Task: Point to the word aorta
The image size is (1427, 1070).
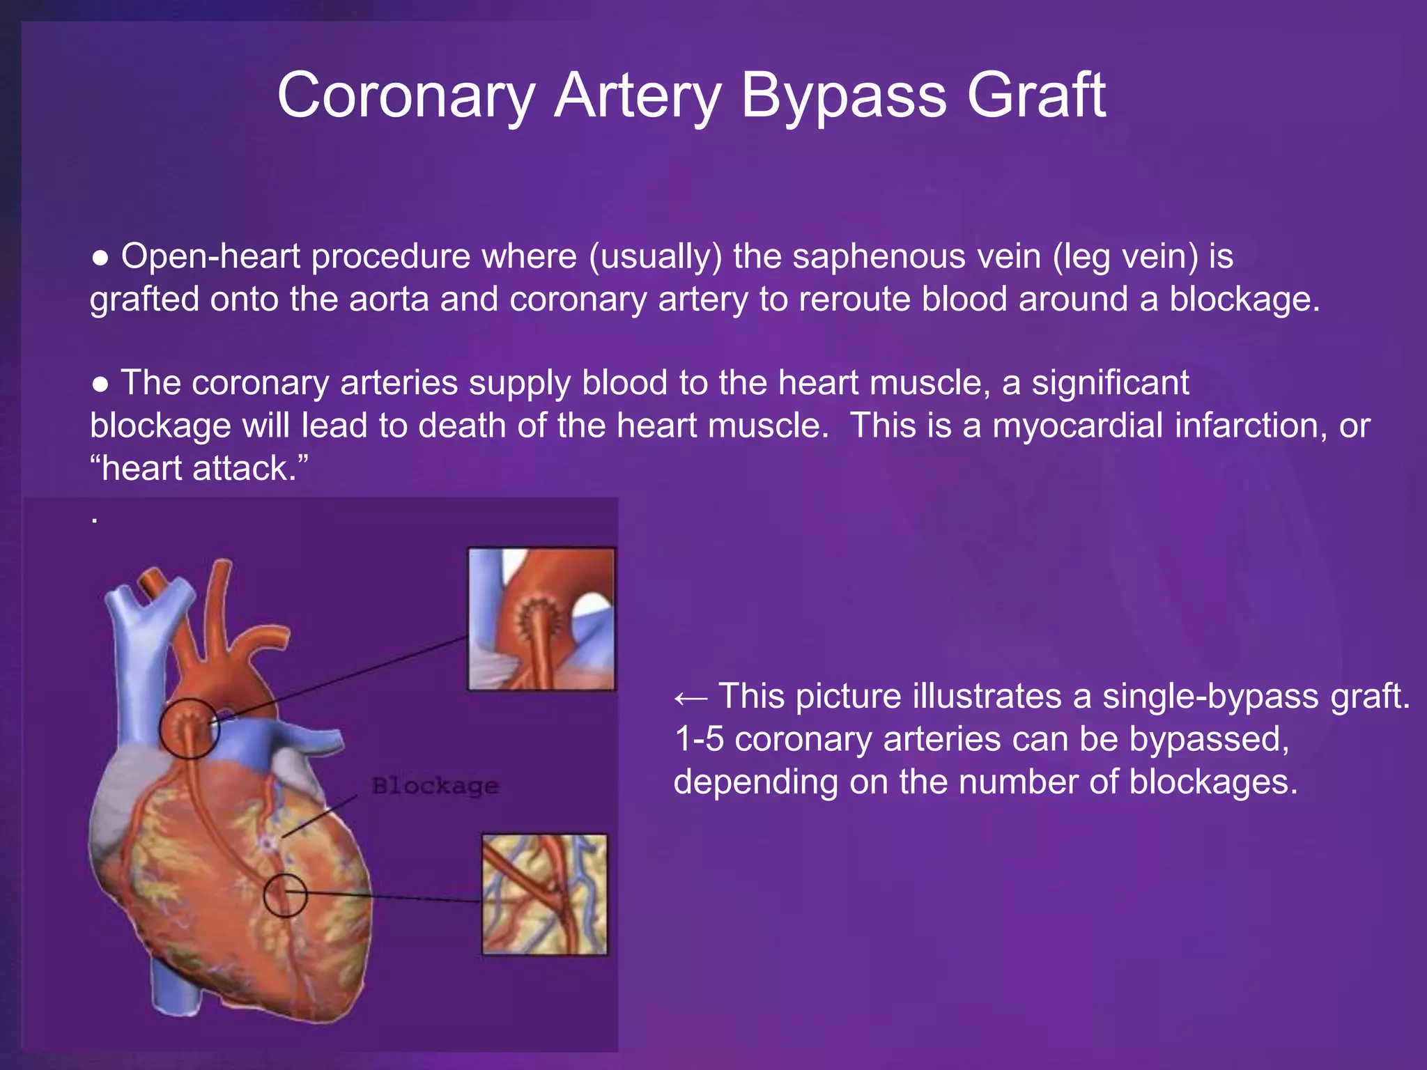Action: (389, 300)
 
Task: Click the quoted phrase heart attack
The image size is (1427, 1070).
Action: (199, 468)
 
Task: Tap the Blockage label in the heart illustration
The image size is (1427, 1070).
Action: (435, 786)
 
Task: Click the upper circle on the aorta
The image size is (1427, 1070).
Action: (190, 729)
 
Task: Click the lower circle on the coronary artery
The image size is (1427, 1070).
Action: (285, 894)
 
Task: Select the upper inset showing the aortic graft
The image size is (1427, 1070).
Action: (541, 619)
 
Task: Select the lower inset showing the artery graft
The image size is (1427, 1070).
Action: (544, 894)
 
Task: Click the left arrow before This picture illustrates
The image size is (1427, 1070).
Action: (691, 698)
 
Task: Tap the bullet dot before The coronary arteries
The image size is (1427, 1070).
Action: (101, 385)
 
